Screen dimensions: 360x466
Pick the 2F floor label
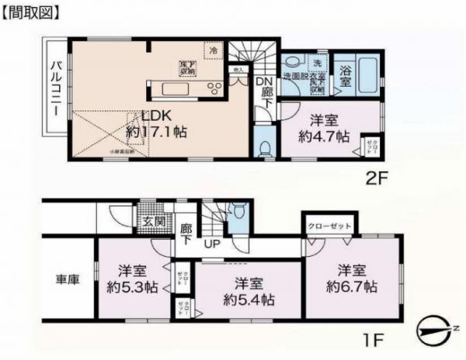377,176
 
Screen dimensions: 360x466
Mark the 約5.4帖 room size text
243,298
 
